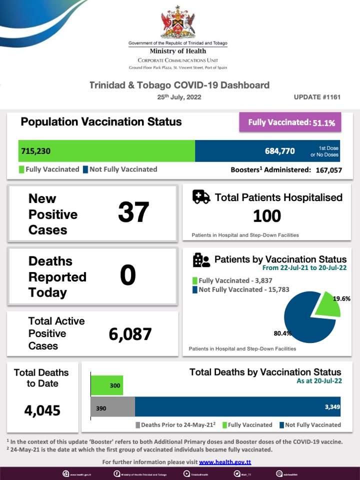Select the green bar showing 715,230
click(x=106, y=150)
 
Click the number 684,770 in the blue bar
click(x=280, y=150)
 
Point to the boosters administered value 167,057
click(x=328, y=170)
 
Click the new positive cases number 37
click(x=133, y=212)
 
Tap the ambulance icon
click(x=201, y=197)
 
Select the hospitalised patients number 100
click(x=266, y=216)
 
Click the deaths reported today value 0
click(x=128, y=275)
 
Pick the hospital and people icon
click(x=201, y=260)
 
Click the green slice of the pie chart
click(x=327, y=305)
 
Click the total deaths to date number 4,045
click(x=42, y=410)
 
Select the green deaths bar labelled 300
click(x=106, y=385)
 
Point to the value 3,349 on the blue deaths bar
click(x=331, y=407)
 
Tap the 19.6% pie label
click(x=341, y=298)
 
